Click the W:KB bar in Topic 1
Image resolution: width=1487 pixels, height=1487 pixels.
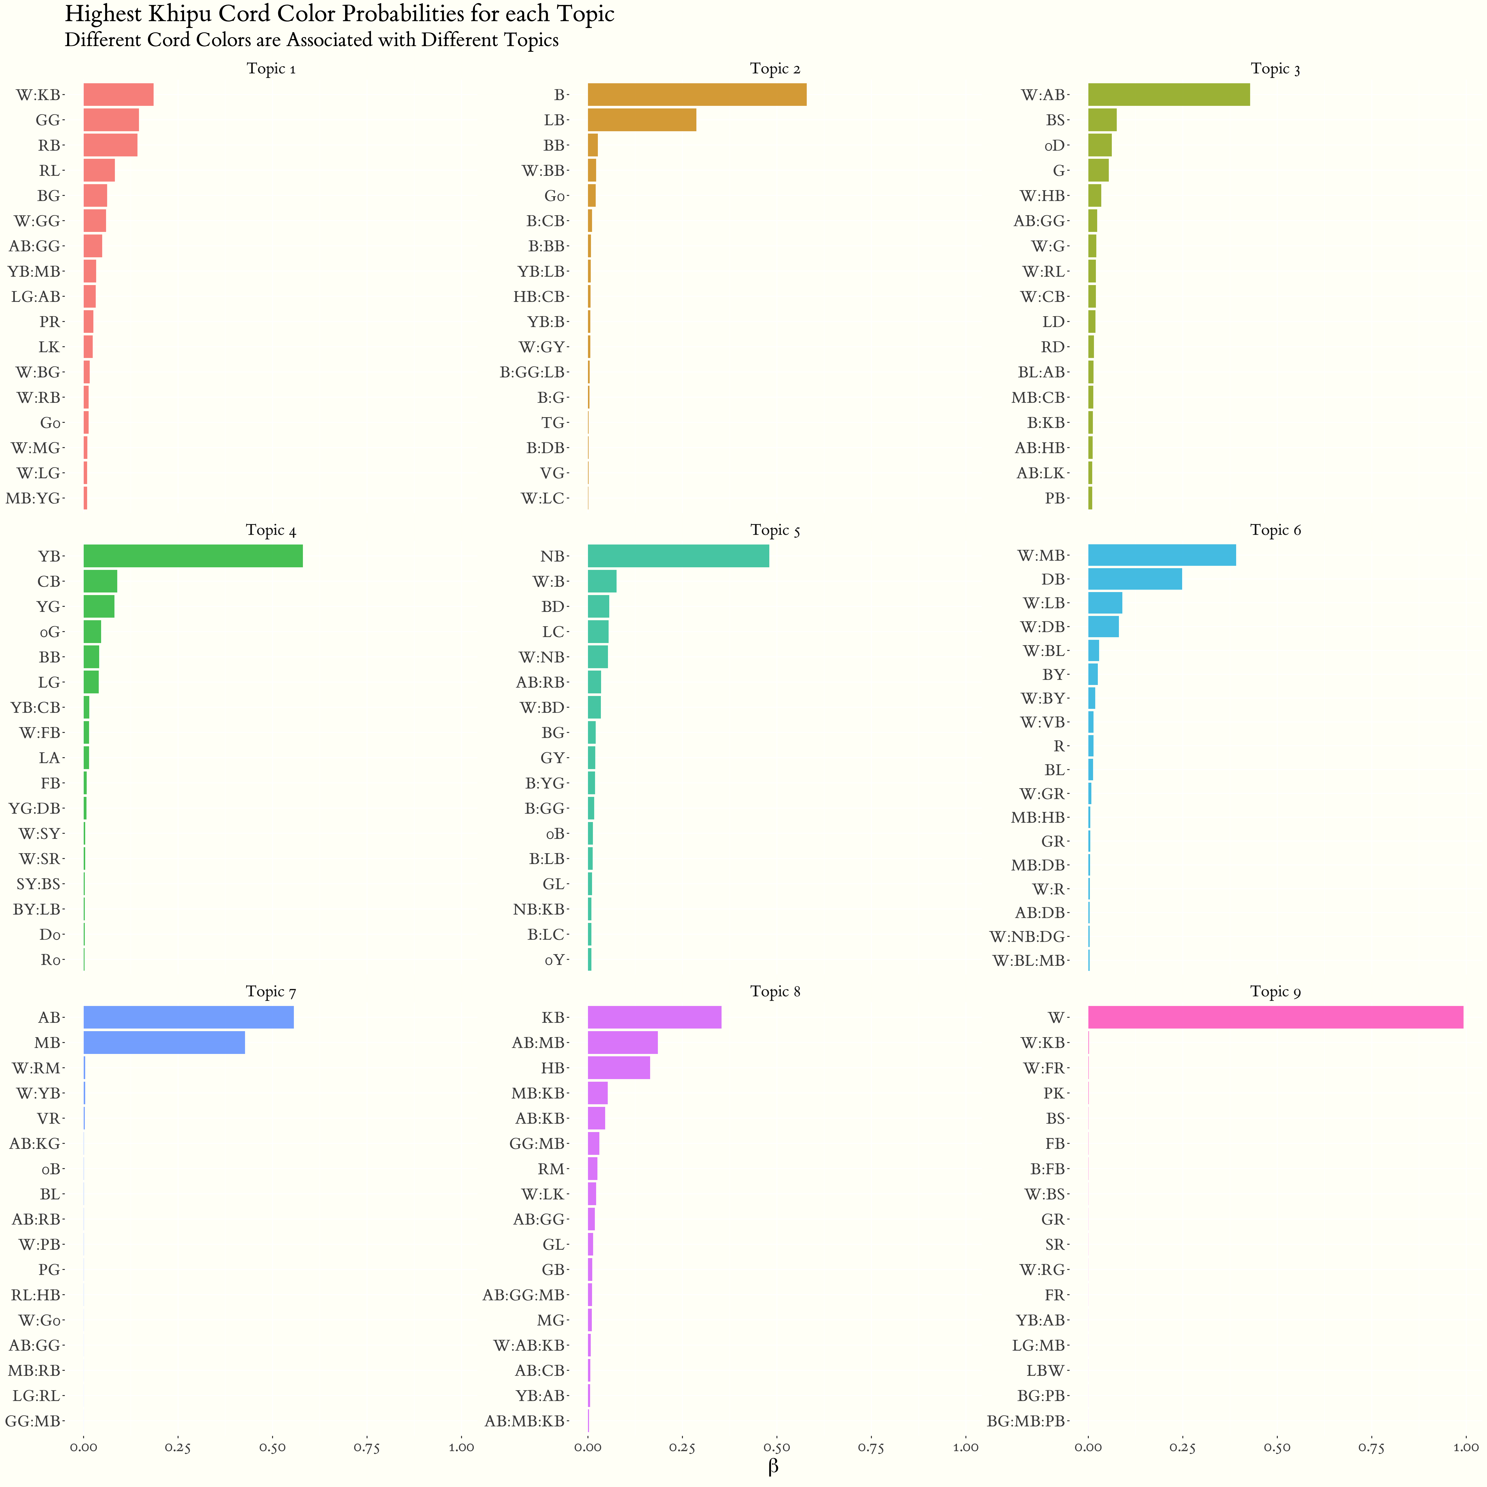[119, 95]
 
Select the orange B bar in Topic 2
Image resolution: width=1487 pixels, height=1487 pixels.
[697, 95]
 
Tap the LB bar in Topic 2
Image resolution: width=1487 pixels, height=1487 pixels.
[642, 120]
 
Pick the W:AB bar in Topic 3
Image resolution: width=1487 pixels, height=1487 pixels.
[1168, 95]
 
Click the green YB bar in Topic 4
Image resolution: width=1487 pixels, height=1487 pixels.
[192, 556]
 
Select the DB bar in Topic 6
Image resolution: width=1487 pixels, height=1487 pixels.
[1134, 579]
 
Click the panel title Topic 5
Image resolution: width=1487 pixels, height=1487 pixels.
[775, 530]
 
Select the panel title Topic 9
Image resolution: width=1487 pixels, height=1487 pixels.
[1275, 991]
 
